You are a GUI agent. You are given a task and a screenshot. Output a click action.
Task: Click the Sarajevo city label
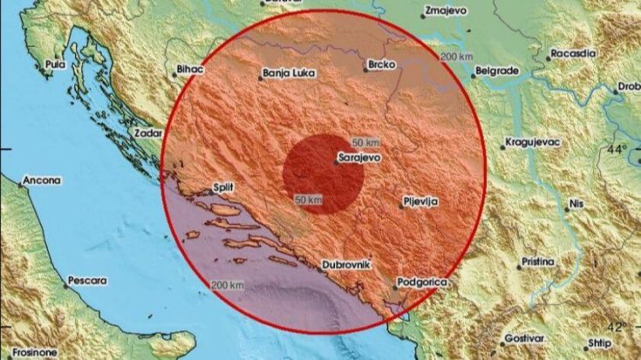coord(360,158)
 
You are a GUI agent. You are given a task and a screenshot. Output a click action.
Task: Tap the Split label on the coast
coord(224,187)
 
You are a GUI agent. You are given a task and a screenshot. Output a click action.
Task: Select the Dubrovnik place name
coord(348,265)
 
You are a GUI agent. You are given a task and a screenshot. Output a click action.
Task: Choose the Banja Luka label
coord(291,74)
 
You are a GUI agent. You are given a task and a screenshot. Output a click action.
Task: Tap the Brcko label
coord(379,64)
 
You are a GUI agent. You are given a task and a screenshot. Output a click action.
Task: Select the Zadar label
coord(147,133)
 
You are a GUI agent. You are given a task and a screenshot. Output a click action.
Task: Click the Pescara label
coord(88,280)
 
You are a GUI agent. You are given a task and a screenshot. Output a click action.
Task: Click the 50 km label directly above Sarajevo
coord(365,140)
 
